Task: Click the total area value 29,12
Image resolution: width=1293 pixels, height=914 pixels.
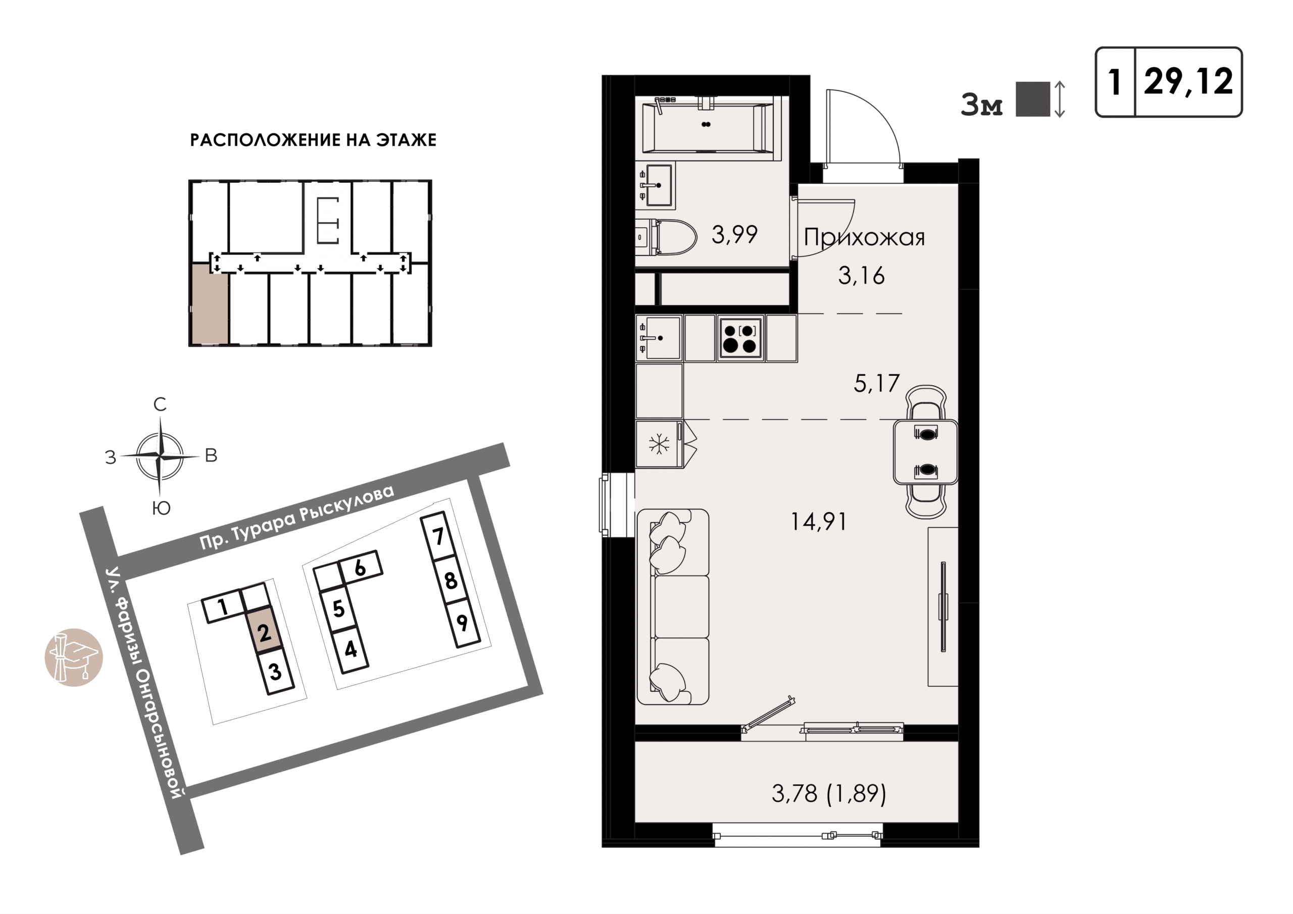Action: pyautogui.click(x=1188, y=82)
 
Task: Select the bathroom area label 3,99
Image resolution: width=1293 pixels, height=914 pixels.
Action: pyautogui.click(x=734, y=234)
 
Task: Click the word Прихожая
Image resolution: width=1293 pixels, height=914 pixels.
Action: pyautogui.click(x=864, y=237)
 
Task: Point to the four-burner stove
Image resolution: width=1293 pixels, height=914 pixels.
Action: pyautogui.click(x=740, y=338)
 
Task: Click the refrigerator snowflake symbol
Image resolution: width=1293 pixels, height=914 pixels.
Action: pyautogui.click(x=658, y=444)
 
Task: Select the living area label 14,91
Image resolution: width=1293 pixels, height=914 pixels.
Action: pyautogui.click(x=818, y=522)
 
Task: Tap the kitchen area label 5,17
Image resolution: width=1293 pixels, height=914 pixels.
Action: pyautogui.click(x=876, y=383)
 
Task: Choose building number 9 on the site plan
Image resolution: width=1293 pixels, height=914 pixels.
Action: pyautogui.click(x=462, y=622)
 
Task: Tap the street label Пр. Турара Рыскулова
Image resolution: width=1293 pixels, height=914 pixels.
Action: pyautogui.click(x=297, y=517)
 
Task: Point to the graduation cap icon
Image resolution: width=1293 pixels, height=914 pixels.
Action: pyautogui.click(x=74, y=657)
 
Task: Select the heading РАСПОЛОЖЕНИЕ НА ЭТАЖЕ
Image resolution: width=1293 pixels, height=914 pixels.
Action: pyautogui.click(x=313, y=140)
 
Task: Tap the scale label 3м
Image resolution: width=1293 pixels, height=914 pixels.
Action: pyautogui.click(x=981, y=105)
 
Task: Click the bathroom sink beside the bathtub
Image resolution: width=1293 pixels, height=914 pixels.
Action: pyautogui.click(x=656, y=185)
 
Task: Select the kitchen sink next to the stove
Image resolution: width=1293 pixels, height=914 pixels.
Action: pyautogui.click(x=659, y=338)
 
